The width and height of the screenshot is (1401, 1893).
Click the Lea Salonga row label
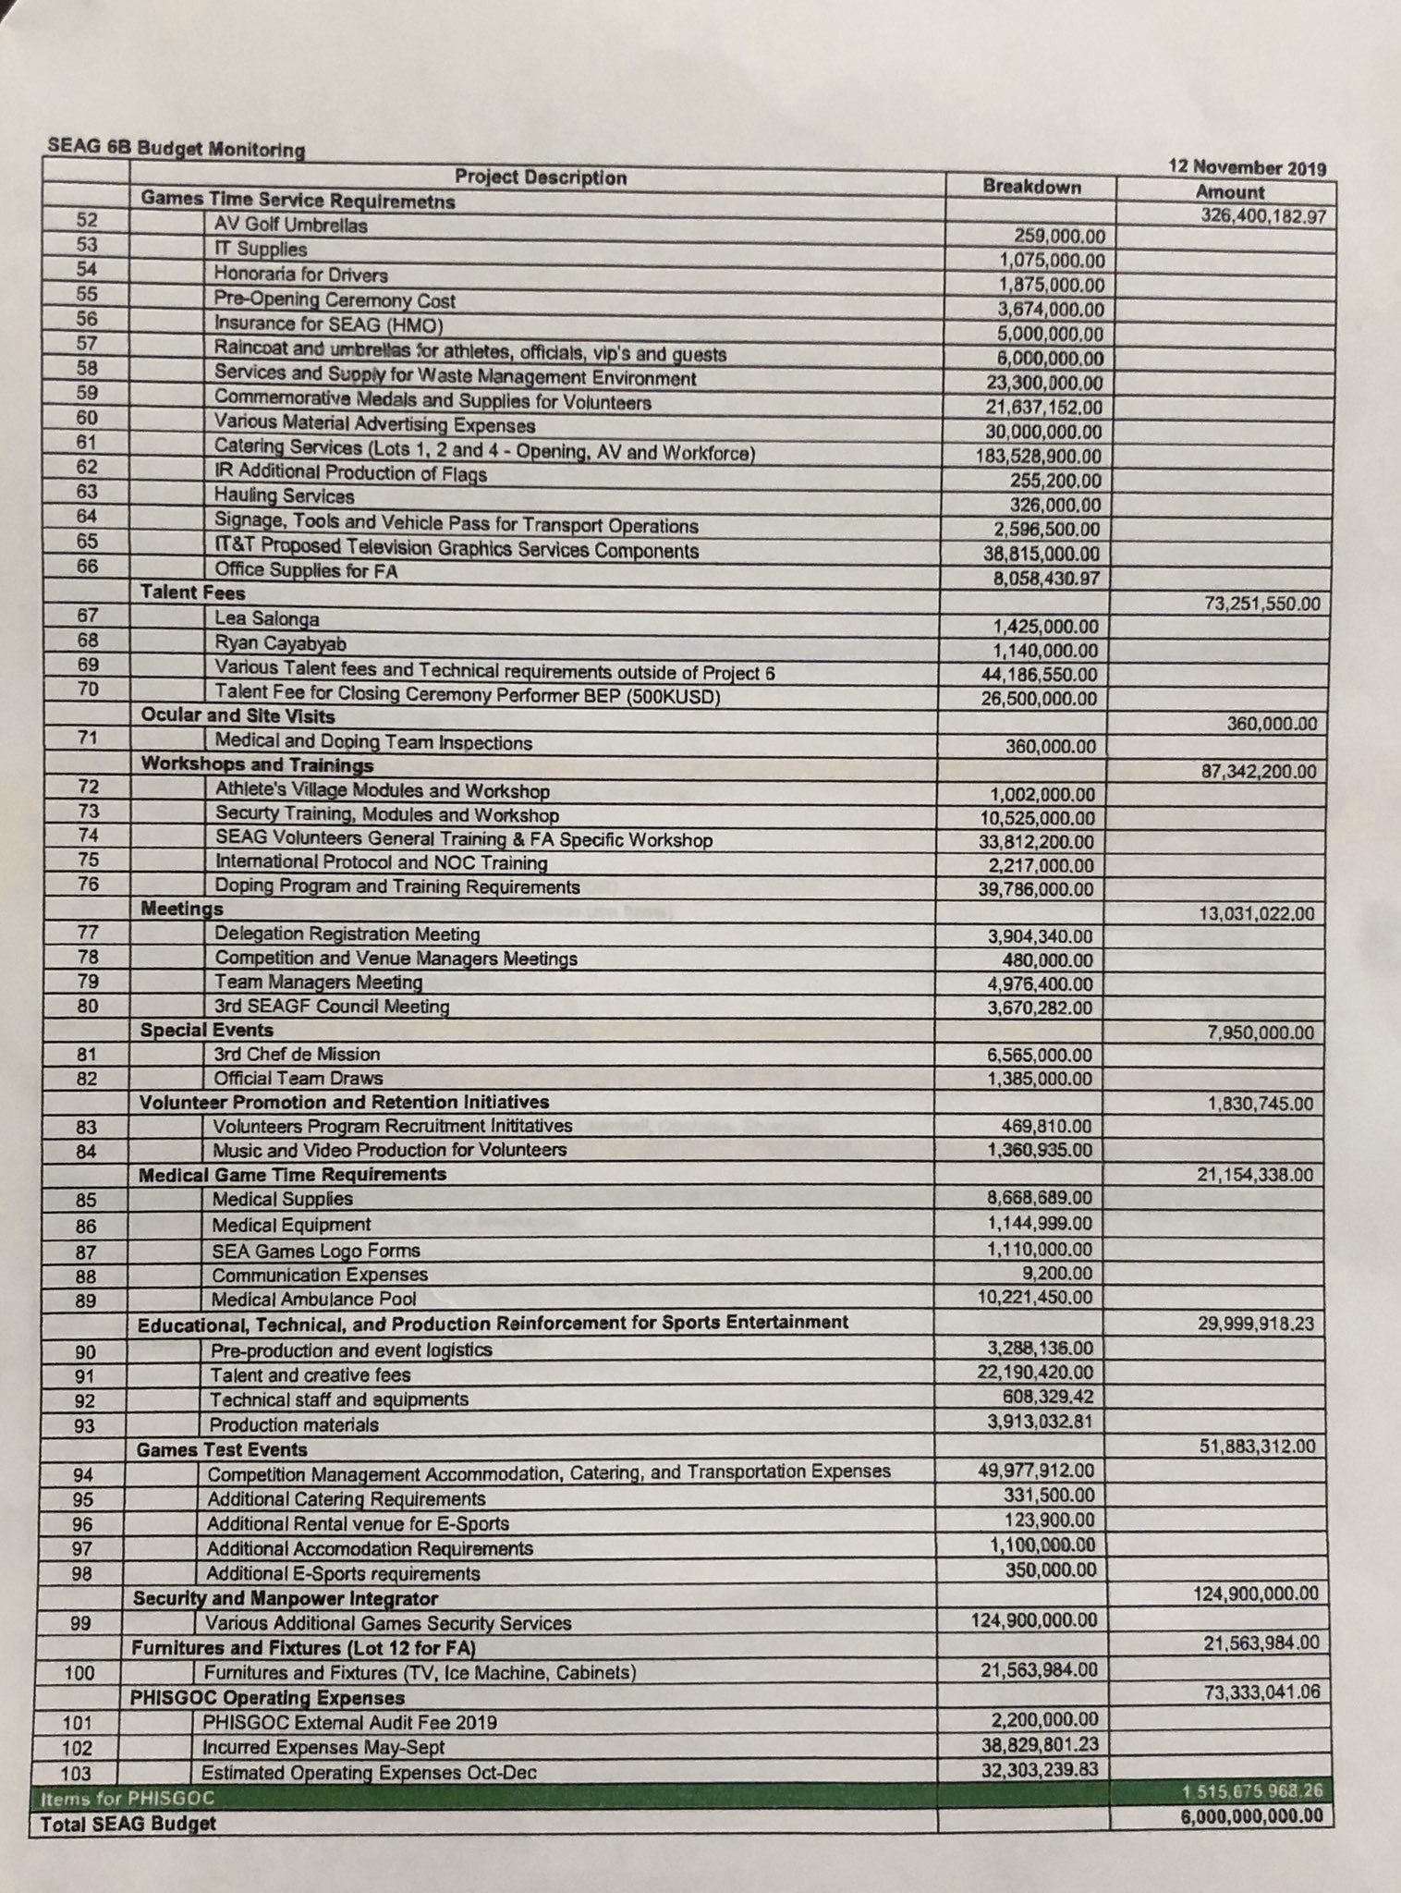pyautogui.click(x=267, y=618)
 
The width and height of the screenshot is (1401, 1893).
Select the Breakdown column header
pyautogui.click(x=1031, y=186)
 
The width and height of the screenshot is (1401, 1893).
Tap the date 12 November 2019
pyautogui.click(x=1247, y=168)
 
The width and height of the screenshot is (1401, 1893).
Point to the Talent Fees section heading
pyautogui.click(x=192, y=593)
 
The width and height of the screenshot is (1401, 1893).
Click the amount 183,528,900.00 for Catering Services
pyautogui.click(x=1039, y=456)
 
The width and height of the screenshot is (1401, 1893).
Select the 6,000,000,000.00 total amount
pyautogui.click(x=1251, y=1815)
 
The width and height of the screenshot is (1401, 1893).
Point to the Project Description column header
pyautogui.click(x=540, y=177)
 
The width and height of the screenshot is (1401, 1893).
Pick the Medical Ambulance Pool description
pyautogui.click(x=314, y=1299)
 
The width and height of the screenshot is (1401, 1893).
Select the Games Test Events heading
pyautogui.click(x=222, y=1449)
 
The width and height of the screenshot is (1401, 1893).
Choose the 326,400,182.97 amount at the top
pyautogui.click(x=1263, y=216)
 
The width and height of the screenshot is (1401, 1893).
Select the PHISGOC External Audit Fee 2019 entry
pyautogui.click(x=349, y=1722)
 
